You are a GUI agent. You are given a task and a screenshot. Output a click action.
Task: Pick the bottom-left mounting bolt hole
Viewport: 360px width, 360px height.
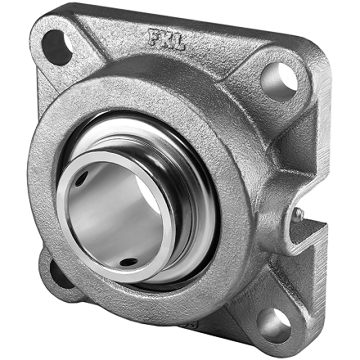pyautogui.click(x=53, y=272)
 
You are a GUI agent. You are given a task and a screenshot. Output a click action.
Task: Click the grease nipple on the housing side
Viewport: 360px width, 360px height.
pyautogui.click(x=299, y=215)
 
